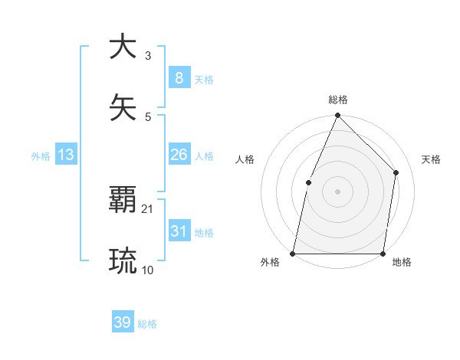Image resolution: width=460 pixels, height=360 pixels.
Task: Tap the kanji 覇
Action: pyautogui.click(x=123, y=201)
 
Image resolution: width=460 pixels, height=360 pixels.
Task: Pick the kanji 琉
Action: pyautogui.click(x=123, y=260)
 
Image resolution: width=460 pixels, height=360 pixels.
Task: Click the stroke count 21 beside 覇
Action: pyautogui.click(x=148, y=208)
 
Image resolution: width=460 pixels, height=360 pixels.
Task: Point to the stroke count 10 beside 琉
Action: pyautogui.click(x=148, y=270)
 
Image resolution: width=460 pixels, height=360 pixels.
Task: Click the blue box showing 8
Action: pyautogui.click(x=179, y=77)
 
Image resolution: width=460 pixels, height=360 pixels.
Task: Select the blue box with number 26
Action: pyautogui.click(x=179, y=155)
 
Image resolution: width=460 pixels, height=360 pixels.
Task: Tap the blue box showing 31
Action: pyautogui.click(x=179, y=231)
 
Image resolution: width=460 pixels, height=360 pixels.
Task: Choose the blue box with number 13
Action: pyautogui.click(x=66, y=155)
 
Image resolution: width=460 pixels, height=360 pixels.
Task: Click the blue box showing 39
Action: pyautogui.click(x=123, y=322)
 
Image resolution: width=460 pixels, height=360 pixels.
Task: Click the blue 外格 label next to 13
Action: pyautogui.click(x=41, y=156)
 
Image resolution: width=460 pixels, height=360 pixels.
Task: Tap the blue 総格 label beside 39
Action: pyautogui.click(x=147, y=324)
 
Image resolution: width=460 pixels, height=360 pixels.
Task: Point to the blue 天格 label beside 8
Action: pyautogui.click(x=203, y=79)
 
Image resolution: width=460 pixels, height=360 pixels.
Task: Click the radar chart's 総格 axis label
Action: pyautogui.click(x=338, y=100)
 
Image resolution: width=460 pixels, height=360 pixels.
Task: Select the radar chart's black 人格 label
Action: pyautogui.click(x=245, y=159)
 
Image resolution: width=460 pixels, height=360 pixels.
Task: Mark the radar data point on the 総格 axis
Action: pyautogui.click(x=337, y=116)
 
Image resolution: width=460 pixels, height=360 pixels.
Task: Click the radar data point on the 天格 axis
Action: pyautogui.click(x=396, y=172)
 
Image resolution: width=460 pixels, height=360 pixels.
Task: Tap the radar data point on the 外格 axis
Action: pyautogui.click(x=293, y=253)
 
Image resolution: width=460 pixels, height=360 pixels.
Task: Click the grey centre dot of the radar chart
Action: pyautogui.click(x=337, y=191)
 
